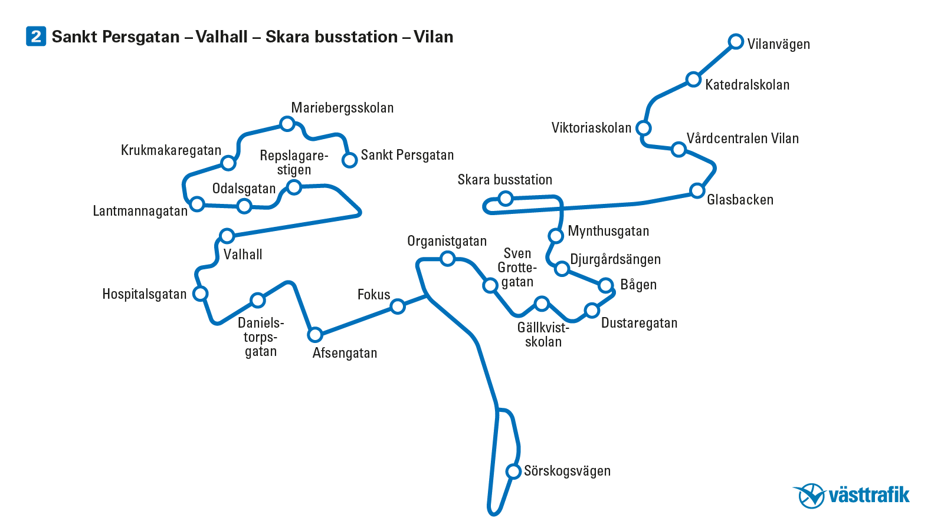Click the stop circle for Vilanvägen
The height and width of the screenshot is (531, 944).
coord(735,41)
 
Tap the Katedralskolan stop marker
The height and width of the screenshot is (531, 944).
coord(693,80)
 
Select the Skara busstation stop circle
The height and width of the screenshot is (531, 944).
coord(506,199)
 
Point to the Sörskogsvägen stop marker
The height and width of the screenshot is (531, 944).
coord(513,471)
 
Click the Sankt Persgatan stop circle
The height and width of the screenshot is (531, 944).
coord(350,160)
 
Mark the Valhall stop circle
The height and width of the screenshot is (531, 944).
coord(227,236)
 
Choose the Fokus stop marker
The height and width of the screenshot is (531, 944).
coord(398,306)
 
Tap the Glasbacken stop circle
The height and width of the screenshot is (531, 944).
coord(697,190)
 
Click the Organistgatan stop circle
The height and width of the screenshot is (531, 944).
coord(448,258)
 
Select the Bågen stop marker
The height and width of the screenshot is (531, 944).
coord(605,286)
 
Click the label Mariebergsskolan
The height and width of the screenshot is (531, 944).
coord(342,108)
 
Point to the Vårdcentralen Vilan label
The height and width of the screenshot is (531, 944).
coord(742,138)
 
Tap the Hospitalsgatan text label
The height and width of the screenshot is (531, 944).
coord(144,294)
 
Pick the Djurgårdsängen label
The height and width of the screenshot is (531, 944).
coord(615,259)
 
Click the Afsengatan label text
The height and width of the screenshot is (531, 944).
coord(345,353)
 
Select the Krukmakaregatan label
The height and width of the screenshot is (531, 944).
coord(171,150)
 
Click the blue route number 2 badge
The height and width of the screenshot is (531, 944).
coord(36,37)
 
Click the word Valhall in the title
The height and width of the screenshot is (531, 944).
coord(221,37)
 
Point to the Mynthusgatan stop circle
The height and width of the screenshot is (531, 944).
coord(556,236)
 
